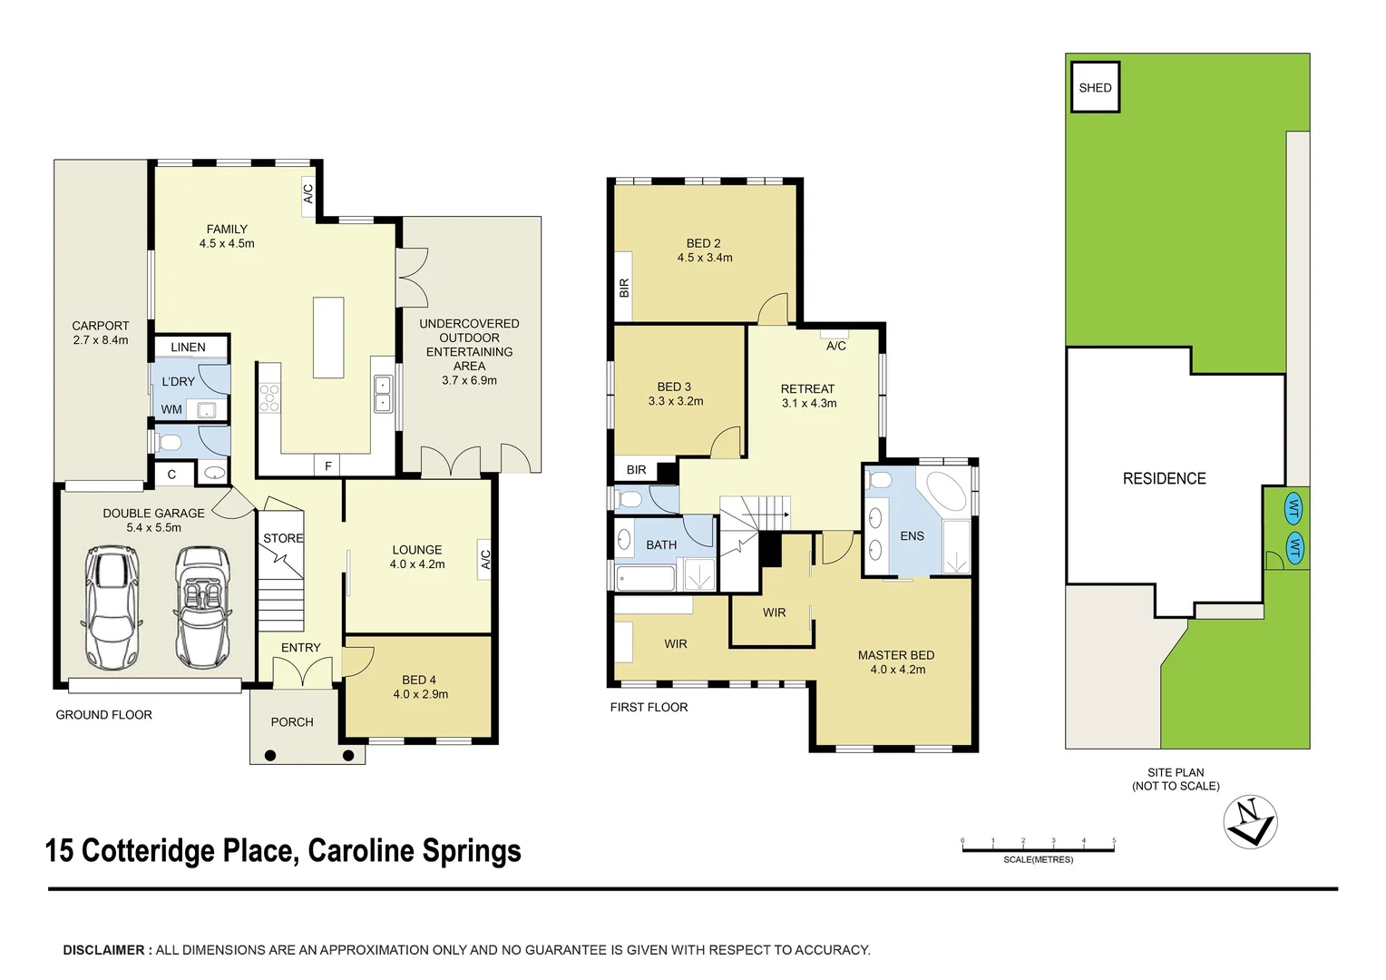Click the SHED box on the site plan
click(1095, 87)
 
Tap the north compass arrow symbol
click(1250, 822)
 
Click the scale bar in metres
click(1038, 849)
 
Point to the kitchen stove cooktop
click(269, 398)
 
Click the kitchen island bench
click(328, 338)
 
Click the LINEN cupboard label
click(188, 348)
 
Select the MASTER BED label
click(895, 655)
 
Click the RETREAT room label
click(807, 388)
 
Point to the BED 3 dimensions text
click(675, 401)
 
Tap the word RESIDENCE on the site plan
click(1164, 478)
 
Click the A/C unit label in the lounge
click(485, 560)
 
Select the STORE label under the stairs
click(283, 538)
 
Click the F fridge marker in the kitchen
click(328, 466)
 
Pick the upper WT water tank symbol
click(1294, 509)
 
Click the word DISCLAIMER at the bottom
click(103, 950)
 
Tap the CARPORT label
click(101, 326)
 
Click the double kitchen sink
click(383, 393)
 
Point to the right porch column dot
click(348, 755)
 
